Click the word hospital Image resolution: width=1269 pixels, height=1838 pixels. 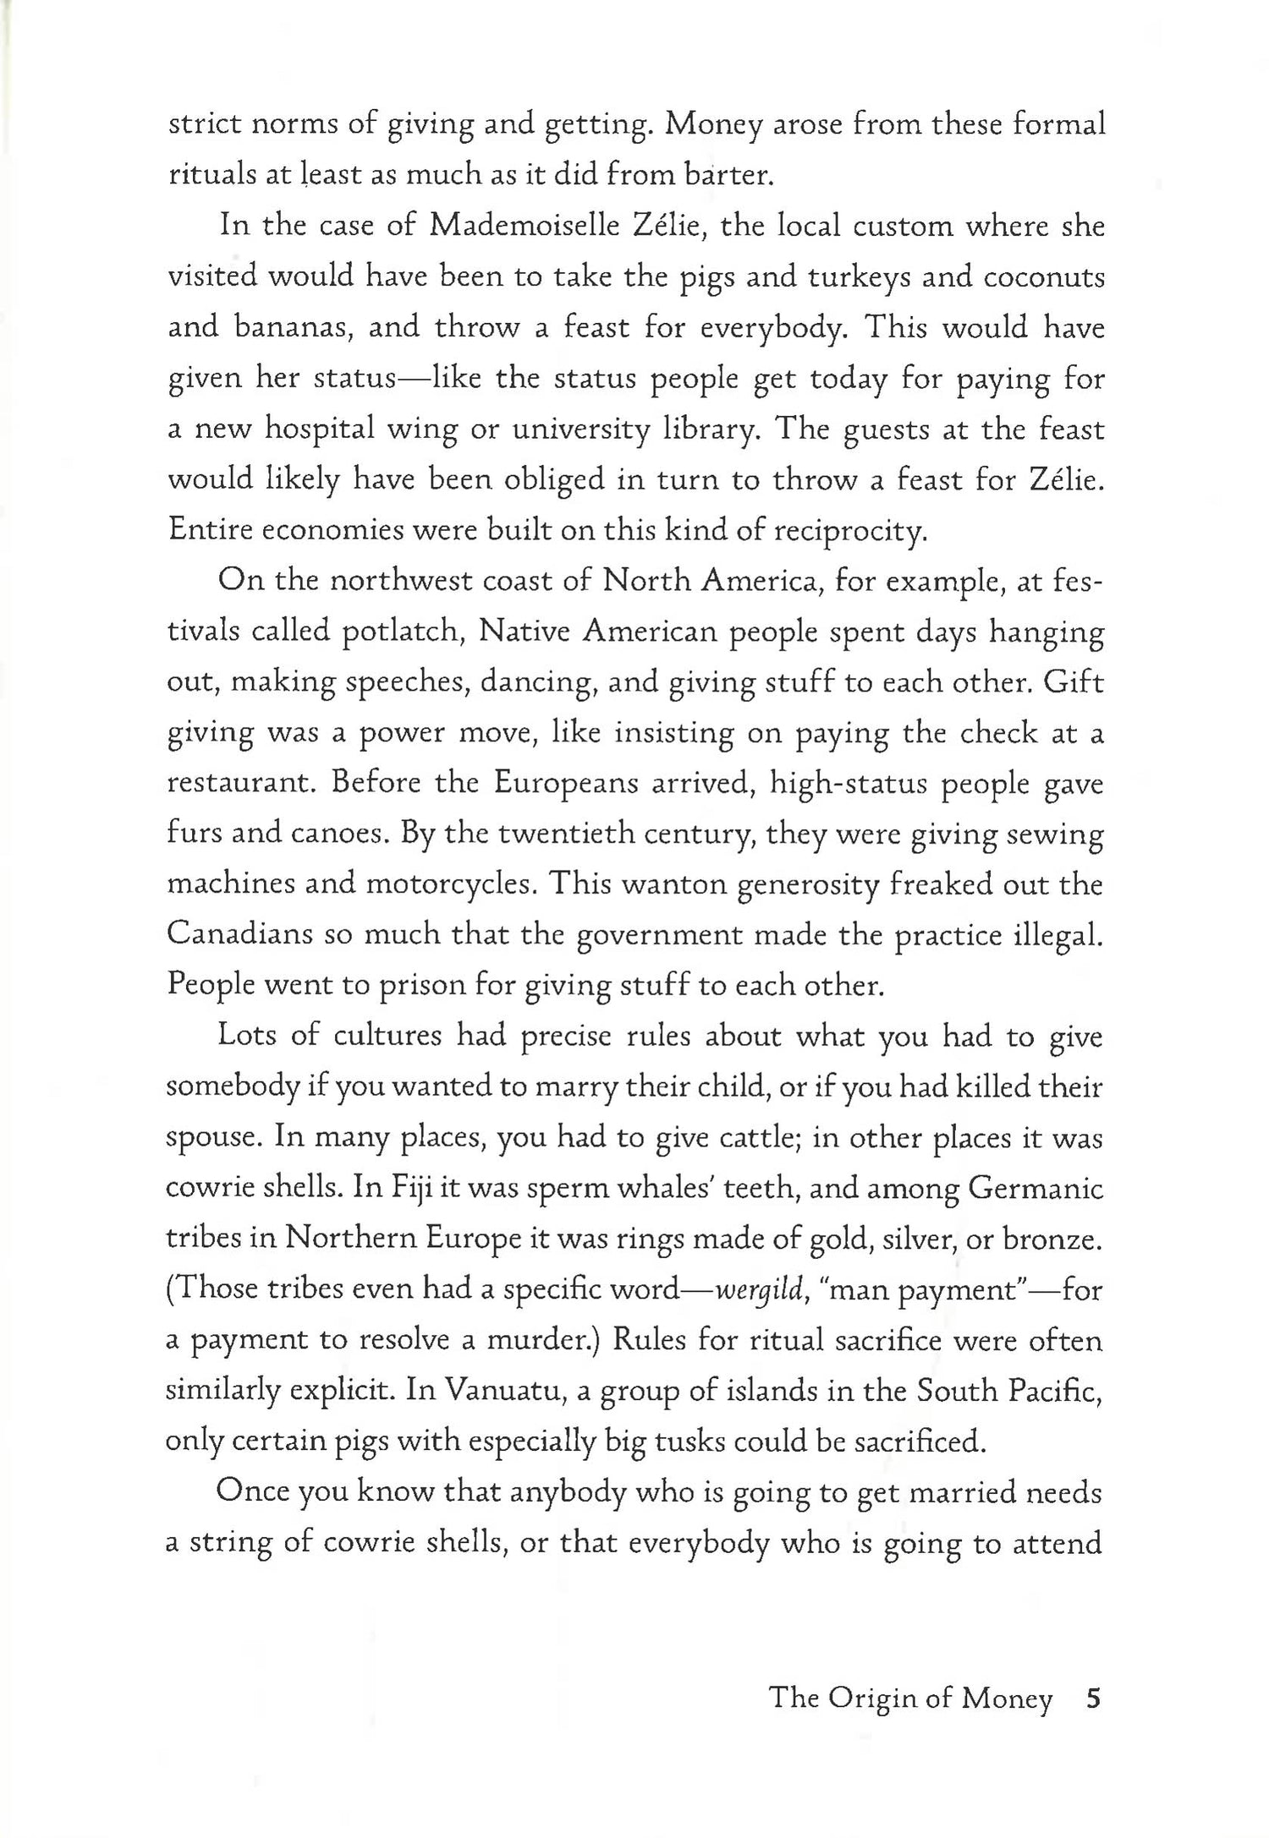point(321,429)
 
